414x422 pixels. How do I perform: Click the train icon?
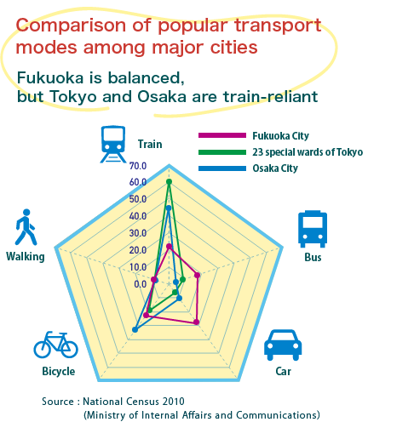coord(112,144)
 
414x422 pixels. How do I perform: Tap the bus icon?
coord(313,229)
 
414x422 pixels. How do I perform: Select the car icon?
coord(283,345)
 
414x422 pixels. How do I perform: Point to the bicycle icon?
coord(55,345)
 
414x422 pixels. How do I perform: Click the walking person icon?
coord(26,227)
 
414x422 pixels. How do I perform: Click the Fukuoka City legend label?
coord(280,136)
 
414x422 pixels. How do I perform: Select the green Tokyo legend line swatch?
coord(222,152)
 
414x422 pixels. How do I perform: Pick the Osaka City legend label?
coord(275,168)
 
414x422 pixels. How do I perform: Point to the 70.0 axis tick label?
coord(138,166)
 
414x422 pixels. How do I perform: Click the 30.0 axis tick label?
coord(138,233)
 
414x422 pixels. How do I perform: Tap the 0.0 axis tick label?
coord(140,284)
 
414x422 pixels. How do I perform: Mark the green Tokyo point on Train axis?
coord(169,181)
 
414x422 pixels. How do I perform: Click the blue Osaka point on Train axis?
coord(169,208)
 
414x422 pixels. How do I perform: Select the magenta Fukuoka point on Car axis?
coord(196,322)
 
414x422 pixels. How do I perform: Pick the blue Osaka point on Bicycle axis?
coord(135,329)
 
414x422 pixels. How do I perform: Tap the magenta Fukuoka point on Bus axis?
coord(197,275)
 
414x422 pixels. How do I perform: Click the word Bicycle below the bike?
coord(59,371)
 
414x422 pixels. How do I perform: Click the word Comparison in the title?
coord(71,26)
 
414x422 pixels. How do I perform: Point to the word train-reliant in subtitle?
coord(270,96)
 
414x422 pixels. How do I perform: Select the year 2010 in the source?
coord(173,402)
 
